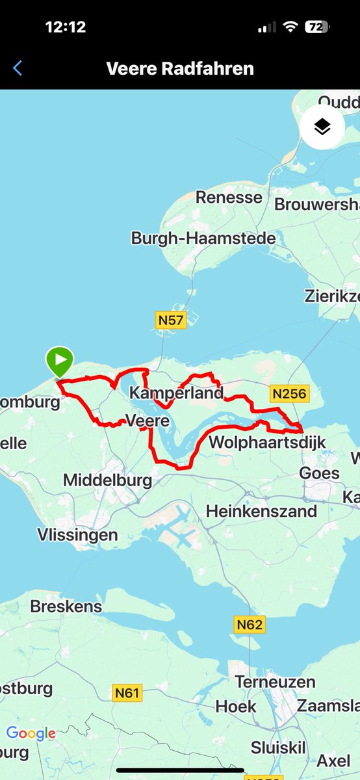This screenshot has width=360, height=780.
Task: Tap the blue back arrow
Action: coord(18,68)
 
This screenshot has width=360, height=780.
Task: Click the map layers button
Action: coord(322,127)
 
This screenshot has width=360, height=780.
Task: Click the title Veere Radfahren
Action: coord(180,68)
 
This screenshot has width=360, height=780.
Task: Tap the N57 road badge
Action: coord(171,320)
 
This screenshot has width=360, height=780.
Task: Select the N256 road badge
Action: coord(289,393)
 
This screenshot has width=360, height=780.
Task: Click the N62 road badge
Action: coord(250,625)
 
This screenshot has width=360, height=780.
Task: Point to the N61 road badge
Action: coord(127,694)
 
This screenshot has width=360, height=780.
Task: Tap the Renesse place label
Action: coord(229,198)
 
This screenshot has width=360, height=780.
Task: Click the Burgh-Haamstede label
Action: coord(203,239)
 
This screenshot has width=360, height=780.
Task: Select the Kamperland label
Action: coord(176,393)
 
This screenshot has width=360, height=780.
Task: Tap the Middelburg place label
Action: coord(107,481)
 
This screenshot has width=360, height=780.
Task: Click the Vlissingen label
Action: coord(77,536)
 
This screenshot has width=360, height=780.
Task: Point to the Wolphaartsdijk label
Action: coord(266,443)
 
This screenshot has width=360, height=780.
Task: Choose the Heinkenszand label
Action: coord(262,512)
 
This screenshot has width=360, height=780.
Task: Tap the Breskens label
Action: coord(66,606)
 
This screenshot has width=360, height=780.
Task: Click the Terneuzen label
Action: coord(275,682)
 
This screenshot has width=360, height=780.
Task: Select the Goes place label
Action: coord(319,473)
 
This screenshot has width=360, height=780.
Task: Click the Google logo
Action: coord(31,734)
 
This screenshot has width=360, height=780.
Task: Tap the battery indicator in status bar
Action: coord(316,27)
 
